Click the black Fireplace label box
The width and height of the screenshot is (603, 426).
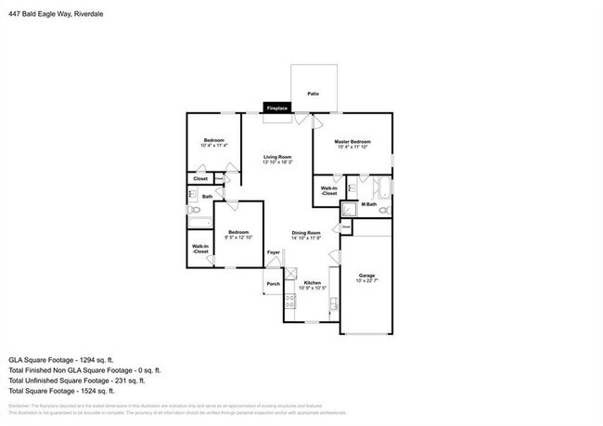coord(276,109)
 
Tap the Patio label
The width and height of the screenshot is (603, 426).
coord(314,95)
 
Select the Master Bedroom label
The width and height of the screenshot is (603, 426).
coord(353,144)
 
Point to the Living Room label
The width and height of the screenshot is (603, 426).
coord(276,159)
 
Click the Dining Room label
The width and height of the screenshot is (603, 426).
coord(306,235)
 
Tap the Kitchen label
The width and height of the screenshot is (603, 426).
coord(313,284)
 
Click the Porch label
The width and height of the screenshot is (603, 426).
coord(274,284)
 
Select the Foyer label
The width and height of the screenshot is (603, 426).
coord(274,252)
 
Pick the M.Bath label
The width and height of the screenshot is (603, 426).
coord(368,204)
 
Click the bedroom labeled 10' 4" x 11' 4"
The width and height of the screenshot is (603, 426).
coord(214,142)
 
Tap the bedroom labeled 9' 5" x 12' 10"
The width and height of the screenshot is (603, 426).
coord(238,235)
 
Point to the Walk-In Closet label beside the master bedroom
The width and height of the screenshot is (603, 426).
coord(329,190)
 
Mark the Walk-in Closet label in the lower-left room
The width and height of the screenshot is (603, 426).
coord(200,249)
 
